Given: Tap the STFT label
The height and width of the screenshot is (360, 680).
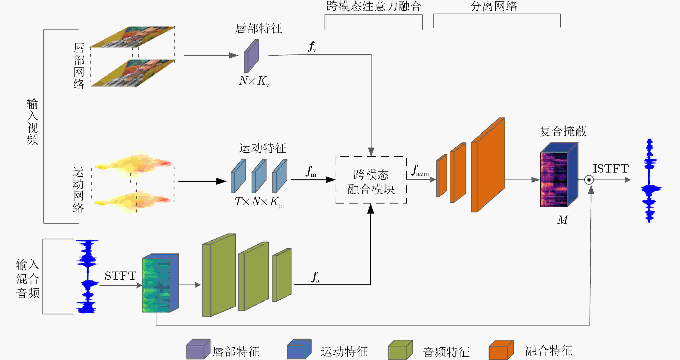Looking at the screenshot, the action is click(120, 276).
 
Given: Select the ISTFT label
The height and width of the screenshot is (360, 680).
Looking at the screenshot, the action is click(611, 169).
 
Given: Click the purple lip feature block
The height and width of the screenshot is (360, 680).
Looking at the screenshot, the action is click(251, 56).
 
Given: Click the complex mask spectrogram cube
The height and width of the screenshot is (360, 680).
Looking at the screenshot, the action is click(559, 175).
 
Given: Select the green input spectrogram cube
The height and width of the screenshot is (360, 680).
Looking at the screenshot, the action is click(160, 283).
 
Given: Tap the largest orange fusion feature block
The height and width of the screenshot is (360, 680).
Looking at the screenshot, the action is click(488, 165).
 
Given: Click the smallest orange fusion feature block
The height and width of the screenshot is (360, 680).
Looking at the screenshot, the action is click(441, 176).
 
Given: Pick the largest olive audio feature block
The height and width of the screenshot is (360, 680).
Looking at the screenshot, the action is click(219, 275).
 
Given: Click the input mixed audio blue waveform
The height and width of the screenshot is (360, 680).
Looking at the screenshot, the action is click(87, 276).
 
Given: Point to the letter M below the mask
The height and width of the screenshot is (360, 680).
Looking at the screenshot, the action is click(563, 220).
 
